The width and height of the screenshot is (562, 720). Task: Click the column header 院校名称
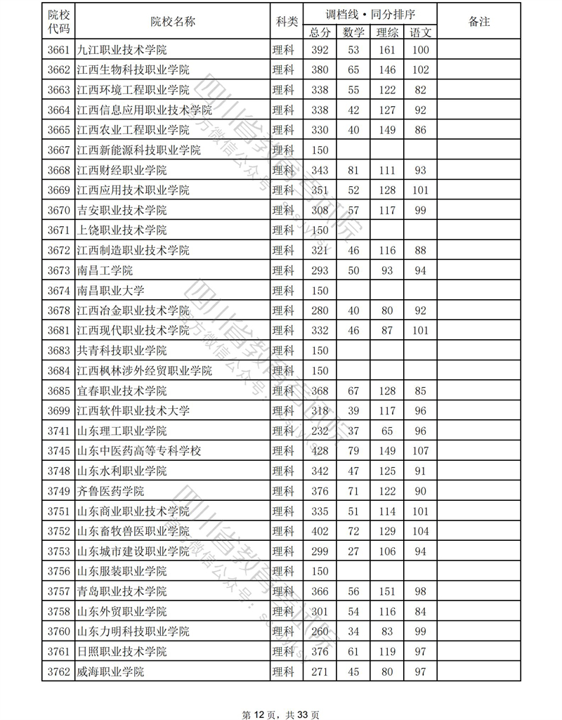coord(172,22)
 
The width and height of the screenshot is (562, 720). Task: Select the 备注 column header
coord(478,22)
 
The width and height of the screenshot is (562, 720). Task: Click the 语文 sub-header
coord(421,32)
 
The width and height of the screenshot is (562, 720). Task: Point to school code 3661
coord(58,50)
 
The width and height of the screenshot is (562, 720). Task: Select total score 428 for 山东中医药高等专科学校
coord(320,451)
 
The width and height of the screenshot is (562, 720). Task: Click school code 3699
coord(58,411)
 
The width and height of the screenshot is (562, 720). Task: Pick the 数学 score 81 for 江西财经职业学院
coord(353,171)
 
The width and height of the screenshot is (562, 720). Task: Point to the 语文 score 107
coord(421,451)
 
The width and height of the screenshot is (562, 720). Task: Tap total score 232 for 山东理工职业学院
coord(320,431)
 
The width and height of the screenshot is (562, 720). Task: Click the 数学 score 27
coord(353,551)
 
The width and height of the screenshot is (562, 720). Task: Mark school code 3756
coord(58,571)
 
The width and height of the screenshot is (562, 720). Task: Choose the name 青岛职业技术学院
coord(121,591)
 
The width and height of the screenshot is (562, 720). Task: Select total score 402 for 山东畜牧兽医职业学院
coord(320,531)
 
